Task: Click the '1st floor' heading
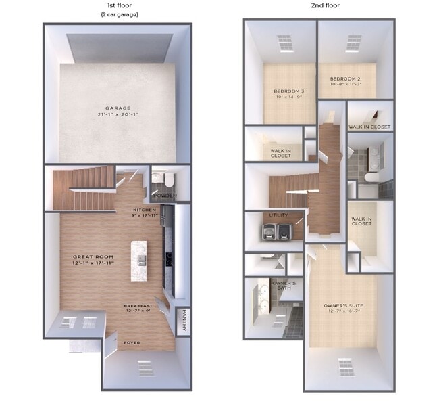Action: click(x=120, y=5)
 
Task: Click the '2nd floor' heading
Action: click(x=326, y=5)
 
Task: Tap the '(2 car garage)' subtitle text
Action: click(x=120, y=14)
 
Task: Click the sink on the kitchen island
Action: click(x=140, y=260)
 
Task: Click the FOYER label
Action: click(x=131, y=343)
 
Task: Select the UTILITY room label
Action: click(x=278, y=215)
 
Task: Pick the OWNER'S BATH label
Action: click(x=284, y=285)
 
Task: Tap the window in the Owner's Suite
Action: click(x=346, y=367)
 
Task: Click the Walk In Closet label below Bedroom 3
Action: click(x=280, y=153)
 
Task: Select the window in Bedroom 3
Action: click(x=286, y=44)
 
